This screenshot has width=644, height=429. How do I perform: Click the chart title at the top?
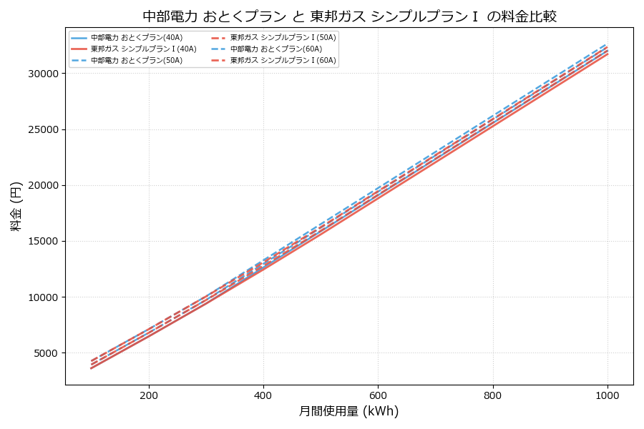click(x=349, y=16)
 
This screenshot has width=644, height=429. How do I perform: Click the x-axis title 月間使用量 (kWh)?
click(x=348, y=411)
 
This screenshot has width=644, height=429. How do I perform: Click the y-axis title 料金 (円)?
click(x=16, y=206)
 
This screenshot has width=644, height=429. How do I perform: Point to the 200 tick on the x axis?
click(x=149, y=395)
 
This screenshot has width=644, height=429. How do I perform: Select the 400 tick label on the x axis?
click(x=263, y=395)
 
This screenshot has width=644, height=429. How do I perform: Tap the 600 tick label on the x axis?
click(x=378, y=395)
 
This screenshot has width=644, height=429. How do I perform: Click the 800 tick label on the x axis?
click(x=493, y=395)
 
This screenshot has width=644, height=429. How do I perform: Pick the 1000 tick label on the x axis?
click(x=608, y=395)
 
